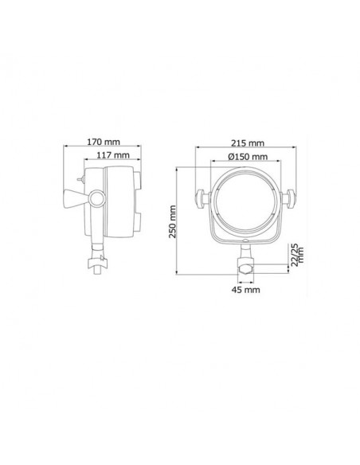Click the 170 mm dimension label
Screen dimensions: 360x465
pos(104,142)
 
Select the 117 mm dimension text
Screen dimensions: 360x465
pos(113,154)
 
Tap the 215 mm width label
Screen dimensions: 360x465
pos(248,143)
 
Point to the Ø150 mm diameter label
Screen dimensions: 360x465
pos(248,156)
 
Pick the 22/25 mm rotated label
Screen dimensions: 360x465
pos(297,255)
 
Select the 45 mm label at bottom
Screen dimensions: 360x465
pos(245,290)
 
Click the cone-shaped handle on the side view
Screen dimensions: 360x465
pos(75,199)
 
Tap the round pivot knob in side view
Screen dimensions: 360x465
pos(97,198)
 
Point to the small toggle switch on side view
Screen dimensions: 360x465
pos(80,179)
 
